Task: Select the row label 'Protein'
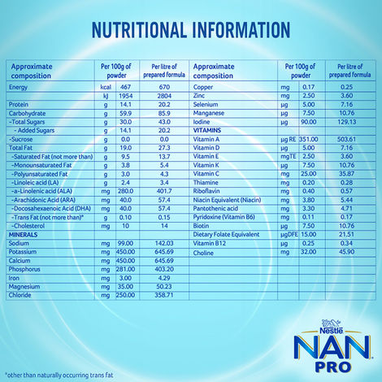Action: (x=19, y=105)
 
